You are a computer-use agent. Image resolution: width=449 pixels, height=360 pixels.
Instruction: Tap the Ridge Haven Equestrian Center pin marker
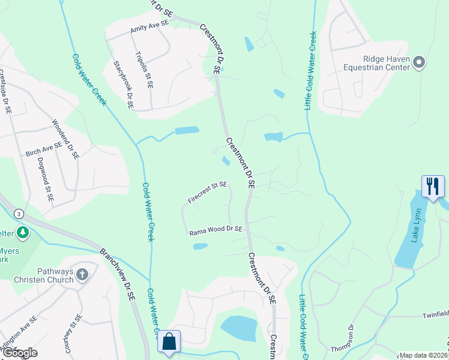click(420, 62)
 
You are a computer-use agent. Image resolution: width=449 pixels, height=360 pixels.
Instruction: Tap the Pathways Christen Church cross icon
click(82, 275)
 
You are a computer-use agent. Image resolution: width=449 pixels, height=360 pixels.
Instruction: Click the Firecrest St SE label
click(207, 193)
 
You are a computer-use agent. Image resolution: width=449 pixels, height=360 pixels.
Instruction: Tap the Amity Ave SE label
click(149, 26)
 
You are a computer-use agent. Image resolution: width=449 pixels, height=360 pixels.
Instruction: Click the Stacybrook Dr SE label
click(122, 85)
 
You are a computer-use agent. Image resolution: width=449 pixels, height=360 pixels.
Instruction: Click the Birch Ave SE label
click(44, 149)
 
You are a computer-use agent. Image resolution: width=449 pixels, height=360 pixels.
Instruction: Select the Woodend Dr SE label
click(65, 139)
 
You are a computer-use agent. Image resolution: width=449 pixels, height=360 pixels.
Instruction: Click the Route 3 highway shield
click(19, 214)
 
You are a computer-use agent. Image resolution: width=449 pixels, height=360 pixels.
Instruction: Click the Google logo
click(20, 352)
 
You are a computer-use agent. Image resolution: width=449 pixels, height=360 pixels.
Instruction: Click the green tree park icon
click(23, 232)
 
